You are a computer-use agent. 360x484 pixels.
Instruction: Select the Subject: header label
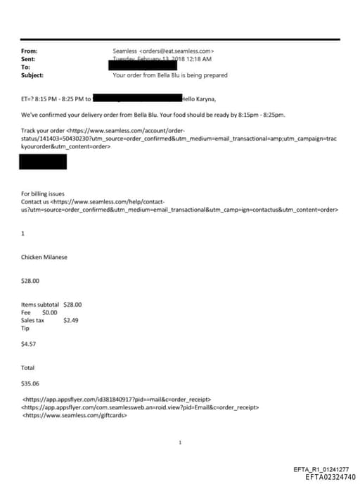[32, 74]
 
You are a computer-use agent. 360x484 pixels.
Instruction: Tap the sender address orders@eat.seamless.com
[163, 51]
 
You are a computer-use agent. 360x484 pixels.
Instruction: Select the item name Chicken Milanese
[44, 257]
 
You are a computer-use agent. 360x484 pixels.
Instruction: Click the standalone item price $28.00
[31, 280]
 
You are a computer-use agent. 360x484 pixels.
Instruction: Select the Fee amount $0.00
[50, 312]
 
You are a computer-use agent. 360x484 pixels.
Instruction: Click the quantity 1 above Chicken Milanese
[23, 233]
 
